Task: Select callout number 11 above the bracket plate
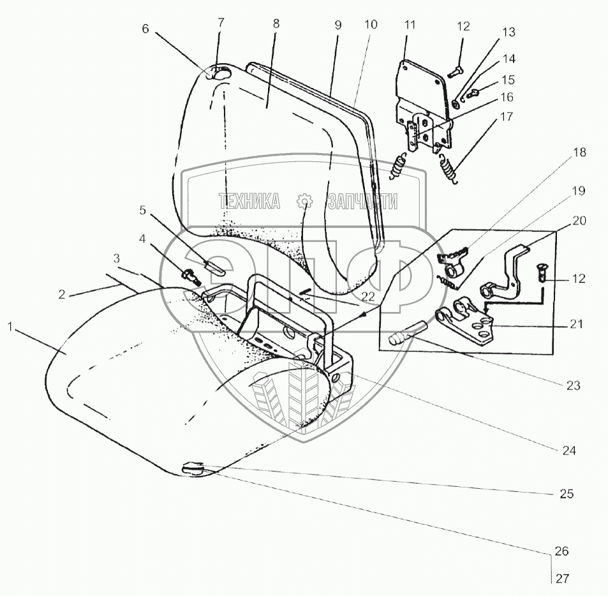(409, 25)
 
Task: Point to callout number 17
(507, 118)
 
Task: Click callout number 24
(568, 450)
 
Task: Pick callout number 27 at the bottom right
(561, 579)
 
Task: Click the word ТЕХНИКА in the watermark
(249, 202)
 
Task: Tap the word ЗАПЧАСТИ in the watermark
(362, 202)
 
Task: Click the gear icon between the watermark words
(306, 202)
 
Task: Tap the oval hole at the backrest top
(221, 75)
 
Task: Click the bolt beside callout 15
(473, 94)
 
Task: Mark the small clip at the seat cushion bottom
(193, 470)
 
